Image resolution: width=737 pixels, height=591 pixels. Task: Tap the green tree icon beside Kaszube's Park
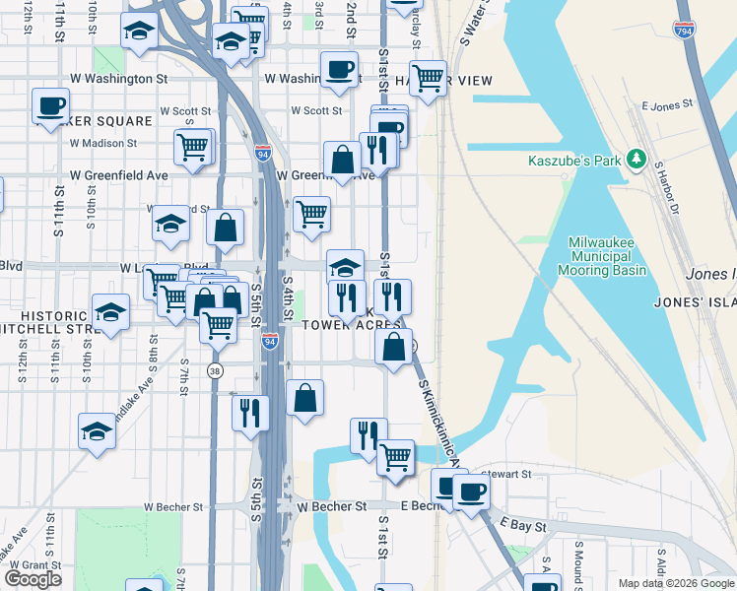pos(637,158)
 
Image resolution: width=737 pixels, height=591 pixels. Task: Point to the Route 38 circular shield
pos(215,370)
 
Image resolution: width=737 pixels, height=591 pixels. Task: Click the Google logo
pos(33,579)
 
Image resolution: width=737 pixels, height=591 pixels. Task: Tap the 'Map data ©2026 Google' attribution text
pos(675,583)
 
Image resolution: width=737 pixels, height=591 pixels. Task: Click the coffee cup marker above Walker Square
pos(50,105)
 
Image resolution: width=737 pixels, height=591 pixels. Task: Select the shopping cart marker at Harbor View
pos(428,77)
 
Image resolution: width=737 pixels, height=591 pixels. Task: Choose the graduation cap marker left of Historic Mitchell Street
pos(110,312)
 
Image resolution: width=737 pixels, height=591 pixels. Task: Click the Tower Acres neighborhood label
pos(351,325)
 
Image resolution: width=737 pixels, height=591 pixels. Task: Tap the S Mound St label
pos(577,558)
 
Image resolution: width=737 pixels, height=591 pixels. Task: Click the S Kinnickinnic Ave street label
pos(439,424)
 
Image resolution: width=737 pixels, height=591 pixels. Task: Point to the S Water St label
pos(473,25)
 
